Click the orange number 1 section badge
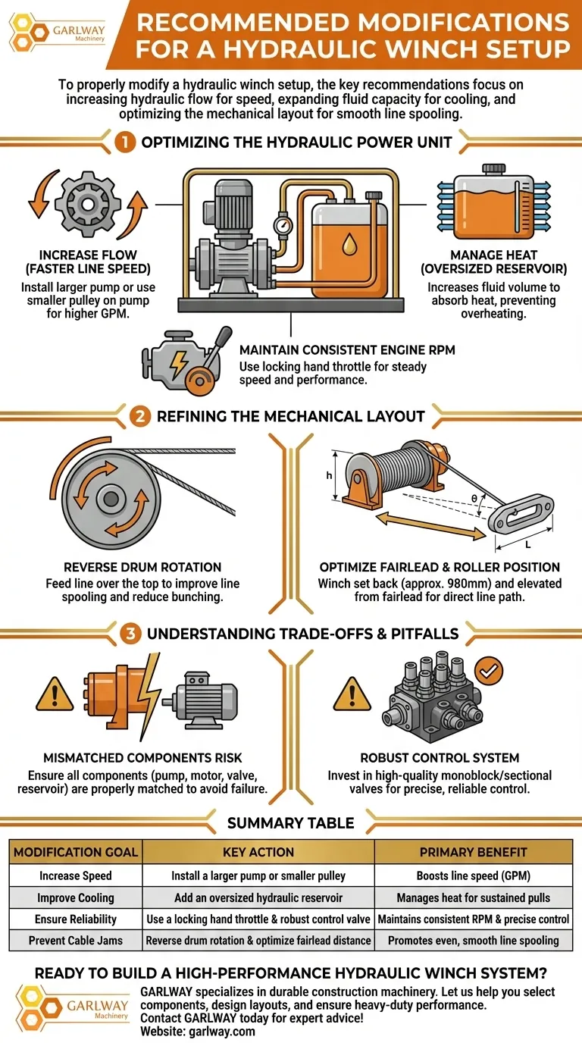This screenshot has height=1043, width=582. (125, 143)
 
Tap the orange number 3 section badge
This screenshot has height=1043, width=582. (130, 634)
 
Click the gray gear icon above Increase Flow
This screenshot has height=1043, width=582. (88, 203)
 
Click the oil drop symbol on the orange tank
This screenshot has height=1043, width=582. (349, 244)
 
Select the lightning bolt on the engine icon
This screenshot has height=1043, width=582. (179, 364)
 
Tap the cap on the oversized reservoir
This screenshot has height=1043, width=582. (494, 168)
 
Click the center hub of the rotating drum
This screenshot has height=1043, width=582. (111, 499)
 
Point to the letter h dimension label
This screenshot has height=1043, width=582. (329, 475)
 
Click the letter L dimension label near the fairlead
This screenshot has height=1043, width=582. (527, 545)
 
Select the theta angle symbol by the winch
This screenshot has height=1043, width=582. (474, 499)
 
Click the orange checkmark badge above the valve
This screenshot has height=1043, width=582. (489, 671)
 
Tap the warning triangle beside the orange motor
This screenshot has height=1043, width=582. (55, 694)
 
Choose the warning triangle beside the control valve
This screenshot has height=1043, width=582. (352, 694)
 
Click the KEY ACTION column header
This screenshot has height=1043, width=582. (258, 852)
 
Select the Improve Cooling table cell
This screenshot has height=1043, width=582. (76, 897)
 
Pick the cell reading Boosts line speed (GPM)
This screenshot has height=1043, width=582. (474, 875)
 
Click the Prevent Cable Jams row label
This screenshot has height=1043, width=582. (76, 941)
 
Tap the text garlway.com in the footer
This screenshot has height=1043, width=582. (222, 1032)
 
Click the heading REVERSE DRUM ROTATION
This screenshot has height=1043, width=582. (142, 567)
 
